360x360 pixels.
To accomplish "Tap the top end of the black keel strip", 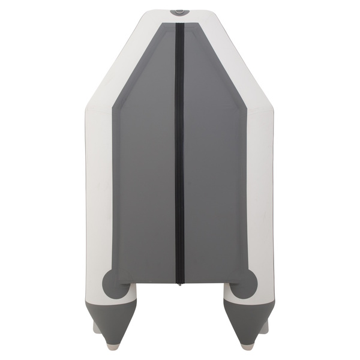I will point(179,25).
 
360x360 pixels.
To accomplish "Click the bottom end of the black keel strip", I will point(179,281).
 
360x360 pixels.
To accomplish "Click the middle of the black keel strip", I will point(179,153).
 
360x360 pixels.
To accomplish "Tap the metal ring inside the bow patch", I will point(179,11).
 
